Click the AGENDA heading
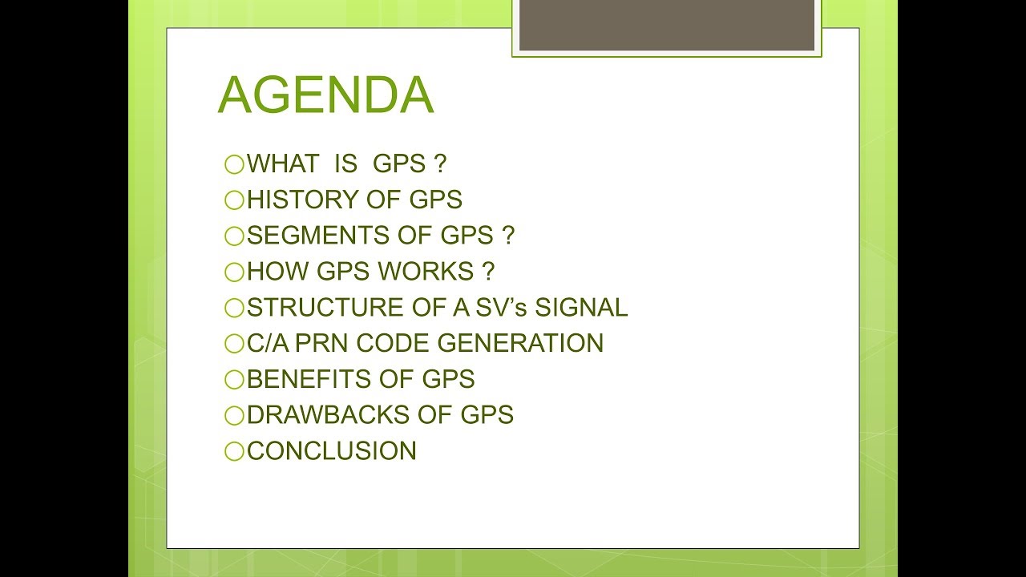click(325, 96)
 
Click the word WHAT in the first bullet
click(282, 164)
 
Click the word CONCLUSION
click(332, 450)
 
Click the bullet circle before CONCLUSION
click(234, 452)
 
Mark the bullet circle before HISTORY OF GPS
click(234, 201)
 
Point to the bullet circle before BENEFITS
click(234, 381)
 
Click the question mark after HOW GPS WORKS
click(489, 272)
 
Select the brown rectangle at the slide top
click(666, 25)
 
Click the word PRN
click(325, 343)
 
